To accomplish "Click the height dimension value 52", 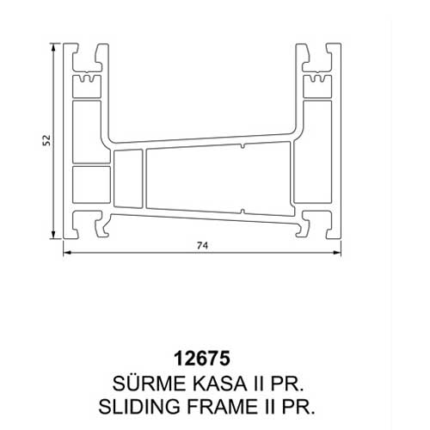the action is [46, 140].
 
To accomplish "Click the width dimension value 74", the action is [202, 246].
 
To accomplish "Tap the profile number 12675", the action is [202, 359].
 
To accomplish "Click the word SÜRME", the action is [149, 384].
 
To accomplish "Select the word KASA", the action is [219, 384].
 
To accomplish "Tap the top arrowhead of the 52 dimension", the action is [53, 47].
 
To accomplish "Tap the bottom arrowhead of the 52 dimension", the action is [53, 235].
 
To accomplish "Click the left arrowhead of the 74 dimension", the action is [67, 253].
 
